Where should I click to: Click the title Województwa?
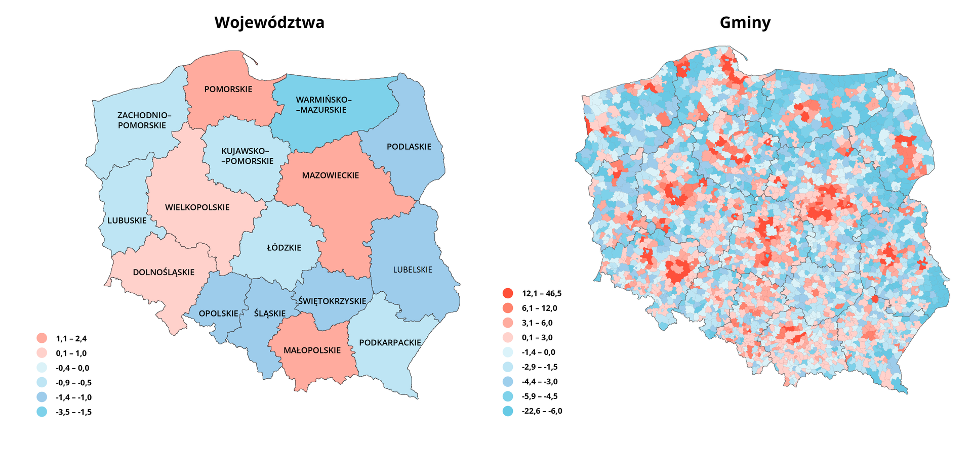269,23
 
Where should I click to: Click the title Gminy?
745,23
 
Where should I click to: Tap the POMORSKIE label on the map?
228,89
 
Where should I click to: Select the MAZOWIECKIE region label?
331,175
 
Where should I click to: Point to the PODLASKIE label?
409,147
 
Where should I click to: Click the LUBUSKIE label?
127,220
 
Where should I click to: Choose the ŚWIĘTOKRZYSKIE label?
332,301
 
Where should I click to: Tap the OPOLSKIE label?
218,313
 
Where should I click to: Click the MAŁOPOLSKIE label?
312,350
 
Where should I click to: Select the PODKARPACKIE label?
390,343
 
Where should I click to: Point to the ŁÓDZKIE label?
284,248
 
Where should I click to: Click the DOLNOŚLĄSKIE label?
164,273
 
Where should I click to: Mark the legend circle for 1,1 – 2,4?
42,339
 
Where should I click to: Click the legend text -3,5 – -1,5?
73,412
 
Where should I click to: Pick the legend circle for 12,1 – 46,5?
508,293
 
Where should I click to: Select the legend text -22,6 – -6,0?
542,411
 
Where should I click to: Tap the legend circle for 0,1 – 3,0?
508,337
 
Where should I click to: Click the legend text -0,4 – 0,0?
72,368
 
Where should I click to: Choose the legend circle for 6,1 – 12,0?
508,308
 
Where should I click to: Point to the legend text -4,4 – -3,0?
540,382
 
